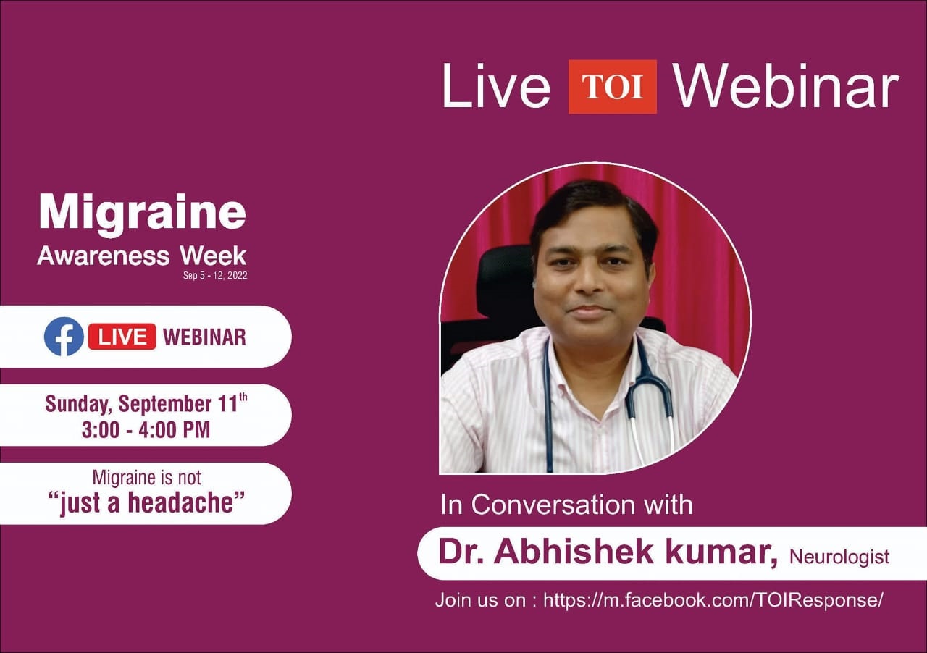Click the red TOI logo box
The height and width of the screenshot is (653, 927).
(613, 87)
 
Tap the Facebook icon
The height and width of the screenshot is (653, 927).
(64, 337)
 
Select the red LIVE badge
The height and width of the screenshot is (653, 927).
(122, 337)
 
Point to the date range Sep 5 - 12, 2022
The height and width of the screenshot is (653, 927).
(215, 276)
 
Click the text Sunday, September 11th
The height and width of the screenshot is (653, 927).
(146, 403)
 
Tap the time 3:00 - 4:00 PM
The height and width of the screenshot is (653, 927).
(146, 429)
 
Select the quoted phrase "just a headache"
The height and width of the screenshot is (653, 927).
(146, 502)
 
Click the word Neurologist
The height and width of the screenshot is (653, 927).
(839, 557)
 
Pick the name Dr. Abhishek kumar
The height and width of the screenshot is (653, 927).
(608, 552)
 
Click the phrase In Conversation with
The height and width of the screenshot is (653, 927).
(566, 505)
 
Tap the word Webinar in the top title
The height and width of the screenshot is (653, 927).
(787, 86)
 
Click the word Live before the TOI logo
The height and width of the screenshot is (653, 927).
(496, 86)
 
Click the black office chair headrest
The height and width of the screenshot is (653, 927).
(506, 282)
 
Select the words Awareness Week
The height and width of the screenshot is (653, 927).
(141, 256)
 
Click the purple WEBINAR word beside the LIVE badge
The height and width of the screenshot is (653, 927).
(204, 337)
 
